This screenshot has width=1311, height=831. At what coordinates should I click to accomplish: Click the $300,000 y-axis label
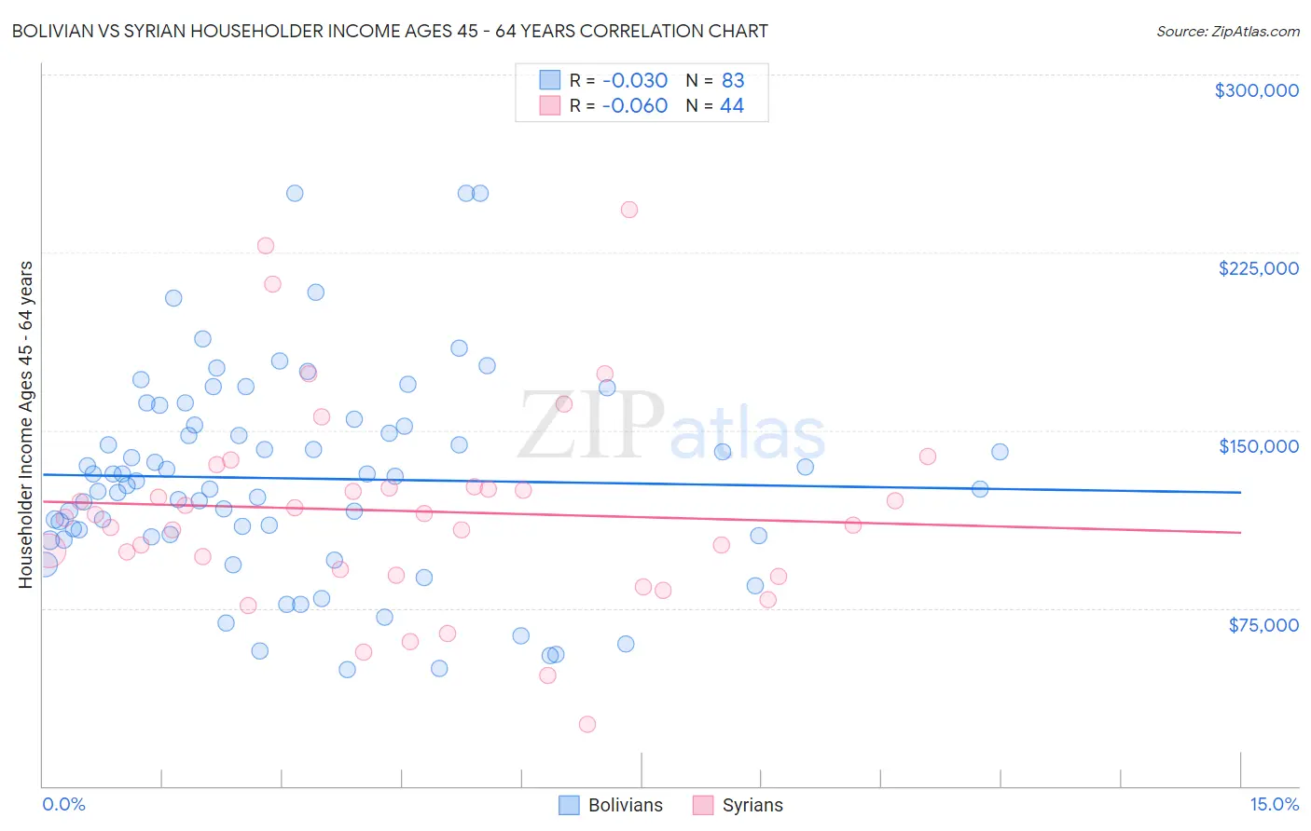coord(1256,90)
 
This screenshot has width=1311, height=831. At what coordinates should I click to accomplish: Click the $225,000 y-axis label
coord(1258,268)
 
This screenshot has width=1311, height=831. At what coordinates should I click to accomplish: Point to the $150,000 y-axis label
coord(1258,446)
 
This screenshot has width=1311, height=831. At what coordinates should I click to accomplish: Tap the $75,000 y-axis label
coord(1263,625)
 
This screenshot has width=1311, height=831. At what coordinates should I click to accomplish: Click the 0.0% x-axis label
coord(63,804)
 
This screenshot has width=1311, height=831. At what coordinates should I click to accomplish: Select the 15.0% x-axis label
coord(1274,804)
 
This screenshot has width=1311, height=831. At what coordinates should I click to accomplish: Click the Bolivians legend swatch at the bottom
coord(569,805)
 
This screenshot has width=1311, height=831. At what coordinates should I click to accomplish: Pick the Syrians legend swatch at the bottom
coord(703,805)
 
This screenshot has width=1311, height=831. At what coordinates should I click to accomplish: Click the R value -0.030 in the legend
coord(634,80)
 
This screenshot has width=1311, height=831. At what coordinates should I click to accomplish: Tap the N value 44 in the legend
coord(732,106)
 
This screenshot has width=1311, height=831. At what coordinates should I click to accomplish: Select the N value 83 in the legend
coord(733,80)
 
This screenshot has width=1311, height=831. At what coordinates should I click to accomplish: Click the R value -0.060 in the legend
coord(634,106)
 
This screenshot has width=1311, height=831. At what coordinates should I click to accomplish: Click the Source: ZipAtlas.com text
coord(1227,31)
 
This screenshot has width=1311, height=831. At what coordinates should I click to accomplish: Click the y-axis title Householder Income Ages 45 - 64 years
coord(25,424)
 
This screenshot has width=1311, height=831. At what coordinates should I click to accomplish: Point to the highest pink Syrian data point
coord(629,210)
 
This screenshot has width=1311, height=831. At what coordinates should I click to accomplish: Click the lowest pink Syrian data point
coord(587,724)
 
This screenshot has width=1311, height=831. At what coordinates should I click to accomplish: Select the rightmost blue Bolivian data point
coord(1000,452)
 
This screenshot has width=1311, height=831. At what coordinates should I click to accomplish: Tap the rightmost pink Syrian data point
coord(928,456)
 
